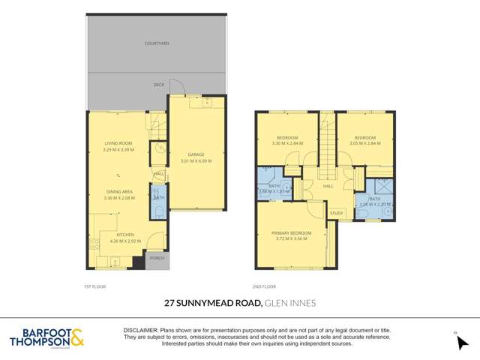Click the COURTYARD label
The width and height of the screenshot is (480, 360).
157,43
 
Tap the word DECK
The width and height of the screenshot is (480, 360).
158,85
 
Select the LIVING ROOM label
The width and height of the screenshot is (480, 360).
118,143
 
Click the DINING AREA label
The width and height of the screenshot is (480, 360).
118,192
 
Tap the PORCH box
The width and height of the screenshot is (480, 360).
157,258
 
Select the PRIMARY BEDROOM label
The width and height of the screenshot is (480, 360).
292,233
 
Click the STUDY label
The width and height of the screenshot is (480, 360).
337,213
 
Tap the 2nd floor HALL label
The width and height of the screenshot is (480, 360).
328,187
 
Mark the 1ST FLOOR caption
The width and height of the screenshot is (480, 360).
94,286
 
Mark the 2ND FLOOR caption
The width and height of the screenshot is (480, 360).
265,286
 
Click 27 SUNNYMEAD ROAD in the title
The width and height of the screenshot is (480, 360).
213,304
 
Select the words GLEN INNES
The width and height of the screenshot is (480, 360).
290,304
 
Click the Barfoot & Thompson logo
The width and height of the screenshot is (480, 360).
47,338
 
